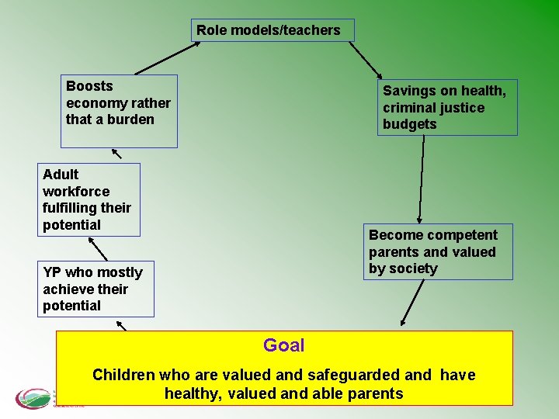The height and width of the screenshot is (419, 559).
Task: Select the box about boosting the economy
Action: pyautogui.click(x=119, y=110)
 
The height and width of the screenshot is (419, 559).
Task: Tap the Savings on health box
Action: pyautogui.click(x=447, y=108)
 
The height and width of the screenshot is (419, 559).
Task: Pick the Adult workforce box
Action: pyautogui.click(x=89, y=199)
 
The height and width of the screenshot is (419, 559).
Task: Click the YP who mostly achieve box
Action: pyautogui.click(x=98, y=289)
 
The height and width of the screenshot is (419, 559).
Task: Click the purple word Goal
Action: pyautogui.click(x=283, y=345)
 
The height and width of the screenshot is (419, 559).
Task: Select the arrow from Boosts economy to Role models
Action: pyautogui.click(x=165, y=58)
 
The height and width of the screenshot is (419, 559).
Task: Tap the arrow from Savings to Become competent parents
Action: pyautogui.click(x=422, y=180)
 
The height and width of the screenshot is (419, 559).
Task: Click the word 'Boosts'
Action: pyautogui.click(x=89, y=86)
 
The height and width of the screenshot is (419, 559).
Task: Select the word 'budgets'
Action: pyautogui.click(x=409, y=124)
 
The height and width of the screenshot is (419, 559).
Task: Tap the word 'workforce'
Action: pyautogui.click(x=76, y=191)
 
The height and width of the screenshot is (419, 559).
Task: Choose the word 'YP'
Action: pyautogui.click(x=52, y=272)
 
